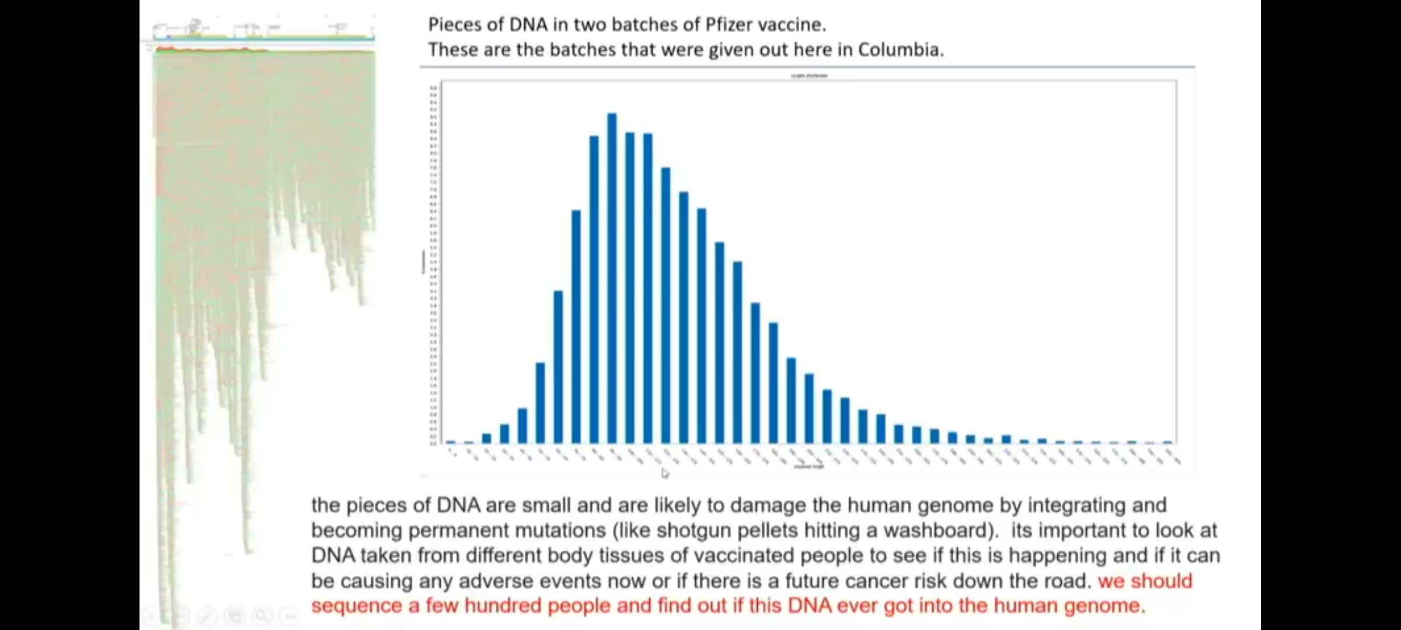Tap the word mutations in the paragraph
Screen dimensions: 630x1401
[x=558, y=530]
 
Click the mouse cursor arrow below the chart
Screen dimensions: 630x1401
[x=665, y=473]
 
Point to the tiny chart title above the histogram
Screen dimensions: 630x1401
[x=808, y=76]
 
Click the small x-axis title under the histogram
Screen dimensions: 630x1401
[x=808, y=467]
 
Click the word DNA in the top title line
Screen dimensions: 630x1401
[x=528, y=24]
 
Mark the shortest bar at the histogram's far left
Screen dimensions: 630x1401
[x=451, y=442]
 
